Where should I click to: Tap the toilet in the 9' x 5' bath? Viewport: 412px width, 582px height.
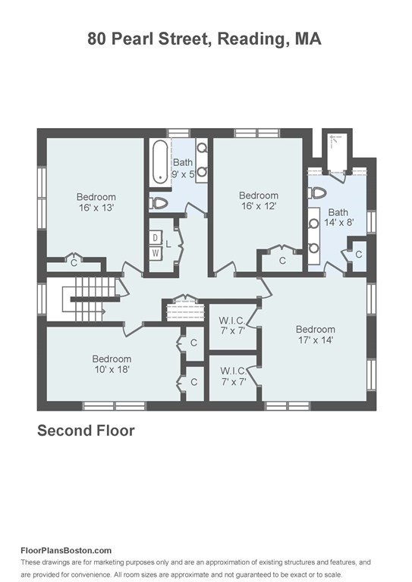coord(159,203)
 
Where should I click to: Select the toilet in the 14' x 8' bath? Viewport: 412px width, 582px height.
coord(317,193)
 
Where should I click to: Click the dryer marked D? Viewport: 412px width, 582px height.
coord(156,237)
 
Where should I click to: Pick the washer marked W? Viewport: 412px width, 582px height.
coord(156,254)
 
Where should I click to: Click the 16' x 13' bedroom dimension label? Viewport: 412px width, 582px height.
coord(96,208)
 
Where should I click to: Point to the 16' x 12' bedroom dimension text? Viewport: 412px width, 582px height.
coord(259,205)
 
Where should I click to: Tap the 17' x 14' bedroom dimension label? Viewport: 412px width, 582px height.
coord(316,339)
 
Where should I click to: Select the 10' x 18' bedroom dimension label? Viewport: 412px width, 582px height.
coord(112,369)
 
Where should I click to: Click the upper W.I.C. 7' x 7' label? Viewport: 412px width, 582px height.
coord(233,326)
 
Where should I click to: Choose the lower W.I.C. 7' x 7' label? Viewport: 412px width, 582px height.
coord(234,377)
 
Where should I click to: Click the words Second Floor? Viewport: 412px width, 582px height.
coord(86,430)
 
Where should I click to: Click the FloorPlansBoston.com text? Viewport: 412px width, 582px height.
coord(66,550)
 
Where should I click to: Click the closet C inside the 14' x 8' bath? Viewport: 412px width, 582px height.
coord(358,255)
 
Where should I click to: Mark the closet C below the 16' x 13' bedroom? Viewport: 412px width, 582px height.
coord(74,263)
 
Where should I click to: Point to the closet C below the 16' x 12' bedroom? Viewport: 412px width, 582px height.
coord(282,261)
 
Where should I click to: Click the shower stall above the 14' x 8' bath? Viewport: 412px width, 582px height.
coord(337,152)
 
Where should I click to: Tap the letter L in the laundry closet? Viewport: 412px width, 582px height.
coord(168,245)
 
